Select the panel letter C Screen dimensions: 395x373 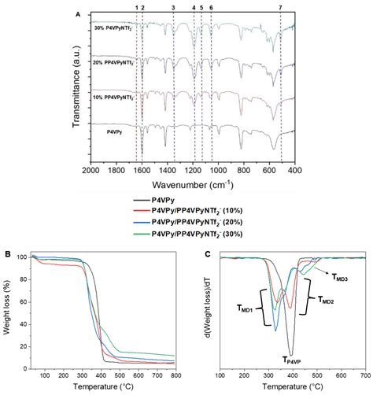coord(206,254)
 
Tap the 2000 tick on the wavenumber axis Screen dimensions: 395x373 coord(90,170)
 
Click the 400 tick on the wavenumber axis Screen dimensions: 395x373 coord(294,170)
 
